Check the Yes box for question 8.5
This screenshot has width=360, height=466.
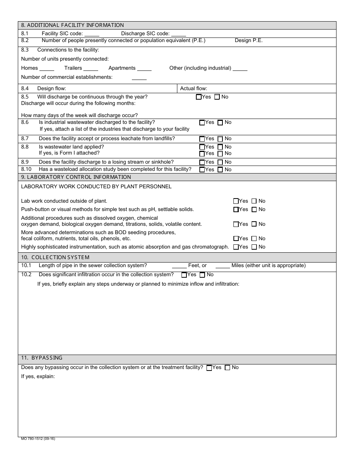pos(199,97)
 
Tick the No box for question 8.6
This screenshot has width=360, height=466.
pos(220,123)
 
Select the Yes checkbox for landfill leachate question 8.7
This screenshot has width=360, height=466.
pos(202,139)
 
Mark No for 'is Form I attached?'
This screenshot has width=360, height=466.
pos(220,154)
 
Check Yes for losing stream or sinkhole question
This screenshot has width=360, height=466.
pos(202,162)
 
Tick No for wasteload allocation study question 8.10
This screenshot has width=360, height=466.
pos(220,170)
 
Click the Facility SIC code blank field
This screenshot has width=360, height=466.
pos(92,34)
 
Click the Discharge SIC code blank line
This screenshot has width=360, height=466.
pos(178,34)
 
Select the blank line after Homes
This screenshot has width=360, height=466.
pos(47,69)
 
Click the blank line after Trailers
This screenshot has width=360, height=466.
pos(91,69)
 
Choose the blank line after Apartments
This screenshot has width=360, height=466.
pos(144,69)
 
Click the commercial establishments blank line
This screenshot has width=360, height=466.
pos(139,78)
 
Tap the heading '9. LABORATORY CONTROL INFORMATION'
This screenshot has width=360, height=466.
pos(76,177)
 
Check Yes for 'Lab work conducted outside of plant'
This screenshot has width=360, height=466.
pos(236,201)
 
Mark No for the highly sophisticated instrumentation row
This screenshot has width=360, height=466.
pos(254,247)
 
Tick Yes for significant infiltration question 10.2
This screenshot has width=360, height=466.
pos(184,275)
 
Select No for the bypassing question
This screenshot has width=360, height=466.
pos(227,368)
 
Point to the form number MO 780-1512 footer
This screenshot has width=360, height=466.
pos(38,439)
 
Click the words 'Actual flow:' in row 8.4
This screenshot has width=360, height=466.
pos(194,89)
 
